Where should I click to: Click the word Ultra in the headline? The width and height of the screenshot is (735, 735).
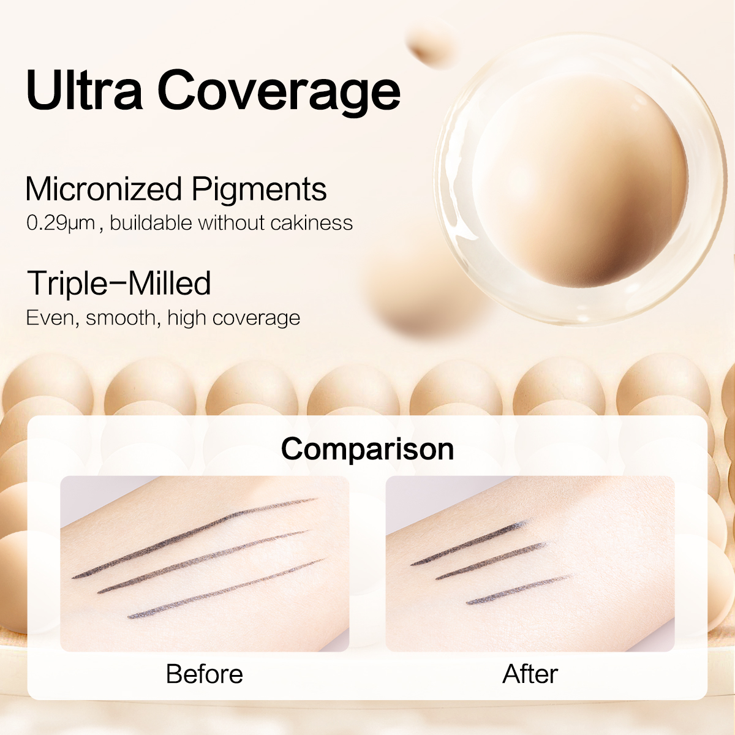tap(85, 91)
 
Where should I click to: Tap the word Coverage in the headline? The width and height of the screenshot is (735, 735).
tap(279, 92)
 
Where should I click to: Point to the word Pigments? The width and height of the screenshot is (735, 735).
tap(258, 190)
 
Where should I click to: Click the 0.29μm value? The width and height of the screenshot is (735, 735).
tap(61, 223)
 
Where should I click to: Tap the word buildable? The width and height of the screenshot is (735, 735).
tap(151, 223)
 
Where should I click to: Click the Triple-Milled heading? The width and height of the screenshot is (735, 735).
tap(119, 284)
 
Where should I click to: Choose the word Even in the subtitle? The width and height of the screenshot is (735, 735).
tap(50, 318)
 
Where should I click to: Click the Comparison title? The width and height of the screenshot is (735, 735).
tap(367, 449)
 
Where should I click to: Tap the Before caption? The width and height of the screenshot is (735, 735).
tap(205, 674)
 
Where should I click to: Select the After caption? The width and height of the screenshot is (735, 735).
tap(530, 674)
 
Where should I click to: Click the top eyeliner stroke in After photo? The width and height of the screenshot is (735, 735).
tap(469, 542)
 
